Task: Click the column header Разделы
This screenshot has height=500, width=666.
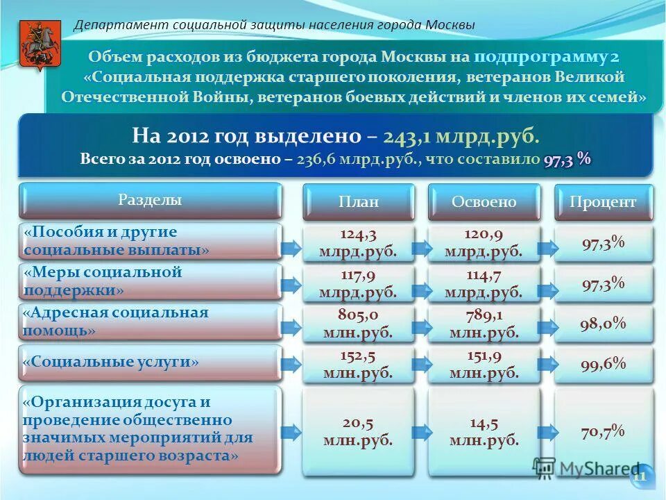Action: click(150, 201)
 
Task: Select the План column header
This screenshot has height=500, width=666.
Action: click(359, 202)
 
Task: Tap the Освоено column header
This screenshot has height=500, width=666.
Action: click(484, 202)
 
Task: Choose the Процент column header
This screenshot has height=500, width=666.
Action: click(603, 202)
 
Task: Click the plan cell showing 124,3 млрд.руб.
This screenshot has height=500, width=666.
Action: click(359, 242)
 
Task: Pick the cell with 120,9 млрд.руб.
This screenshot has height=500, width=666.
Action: click(484, 242)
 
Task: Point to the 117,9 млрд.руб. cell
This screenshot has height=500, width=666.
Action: click(359, 283)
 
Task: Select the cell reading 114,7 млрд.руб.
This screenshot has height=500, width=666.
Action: click(484, 283)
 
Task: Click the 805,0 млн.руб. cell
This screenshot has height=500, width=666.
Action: click(359, 324)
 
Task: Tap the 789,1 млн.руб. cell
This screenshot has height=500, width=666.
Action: click(484, 324)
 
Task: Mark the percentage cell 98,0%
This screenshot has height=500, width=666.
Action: click(603, 324)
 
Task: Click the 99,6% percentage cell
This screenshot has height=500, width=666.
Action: click(603, 364)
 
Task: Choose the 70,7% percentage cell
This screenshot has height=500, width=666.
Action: click(603, 431)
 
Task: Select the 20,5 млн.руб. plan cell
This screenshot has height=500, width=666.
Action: click(359, 431)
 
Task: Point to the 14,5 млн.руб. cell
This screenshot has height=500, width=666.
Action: click(484, 431)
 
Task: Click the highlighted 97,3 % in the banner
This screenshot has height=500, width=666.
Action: click(567, 159)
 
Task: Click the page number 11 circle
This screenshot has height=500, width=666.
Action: click(640, 476)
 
